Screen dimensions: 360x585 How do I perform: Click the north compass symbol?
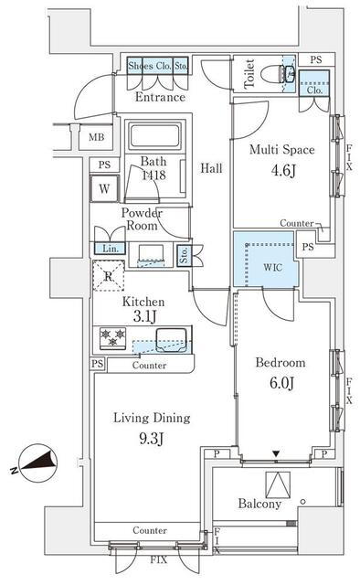(37, 463)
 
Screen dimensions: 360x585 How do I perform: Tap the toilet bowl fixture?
(278, 73)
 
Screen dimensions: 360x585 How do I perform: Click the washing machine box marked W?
(104, 188)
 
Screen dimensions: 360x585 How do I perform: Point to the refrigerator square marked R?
(108, 276)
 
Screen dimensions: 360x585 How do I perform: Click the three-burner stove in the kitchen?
(113, 338)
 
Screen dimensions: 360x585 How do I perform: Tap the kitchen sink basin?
(171, 340)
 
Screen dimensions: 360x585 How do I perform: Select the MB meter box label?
(96, 137)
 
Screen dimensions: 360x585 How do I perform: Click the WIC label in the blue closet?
(272, 267)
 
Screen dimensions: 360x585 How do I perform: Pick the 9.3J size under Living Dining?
(152, 439)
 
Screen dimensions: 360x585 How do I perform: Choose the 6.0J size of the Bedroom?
(282, 383)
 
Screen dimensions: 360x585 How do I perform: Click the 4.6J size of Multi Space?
(283, 171)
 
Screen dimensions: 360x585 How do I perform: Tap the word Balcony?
(259, 504)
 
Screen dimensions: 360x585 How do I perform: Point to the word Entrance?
(160, 97)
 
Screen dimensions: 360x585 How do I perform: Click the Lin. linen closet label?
(111, 249)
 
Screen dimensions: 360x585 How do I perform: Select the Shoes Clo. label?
(150, 66)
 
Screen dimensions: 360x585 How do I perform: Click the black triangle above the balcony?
(276, 454)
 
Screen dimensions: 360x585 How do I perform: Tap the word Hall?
(212, 168)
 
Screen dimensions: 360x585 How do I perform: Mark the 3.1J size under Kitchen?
(144, 316)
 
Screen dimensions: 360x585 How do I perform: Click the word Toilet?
(249, 74)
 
